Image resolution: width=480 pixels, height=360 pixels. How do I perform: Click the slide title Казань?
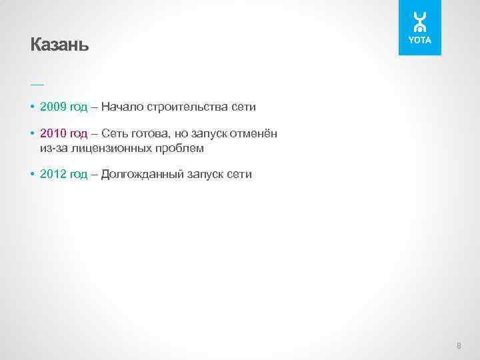pos(59,45)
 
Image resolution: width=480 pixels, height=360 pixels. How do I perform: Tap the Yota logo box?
pos(420,27)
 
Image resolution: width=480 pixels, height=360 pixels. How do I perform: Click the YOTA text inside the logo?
pos(420,41)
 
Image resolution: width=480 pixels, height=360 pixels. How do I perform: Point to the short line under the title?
pos(37,84)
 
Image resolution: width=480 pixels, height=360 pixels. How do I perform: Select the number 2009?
pos(53,107)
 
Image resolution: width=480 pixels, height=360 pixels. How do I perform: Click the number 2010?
pos(53,135)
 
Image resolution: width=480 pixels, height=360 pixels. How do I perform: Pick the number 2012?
pos(53,175)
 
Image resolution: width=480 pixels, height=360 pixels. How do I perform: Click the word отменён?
pos(254,135)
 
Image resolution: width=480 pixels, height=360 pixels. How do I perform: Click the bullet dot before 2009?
pos(33,107)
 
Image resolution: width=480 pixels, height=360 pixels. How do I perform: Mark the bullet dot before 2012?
pos(33,175)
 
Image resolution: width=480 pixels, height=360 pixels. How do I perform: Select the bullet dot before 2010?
pos(33,135)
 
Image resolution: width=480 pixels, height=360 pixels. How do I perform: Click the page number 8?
pos(459,345)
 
